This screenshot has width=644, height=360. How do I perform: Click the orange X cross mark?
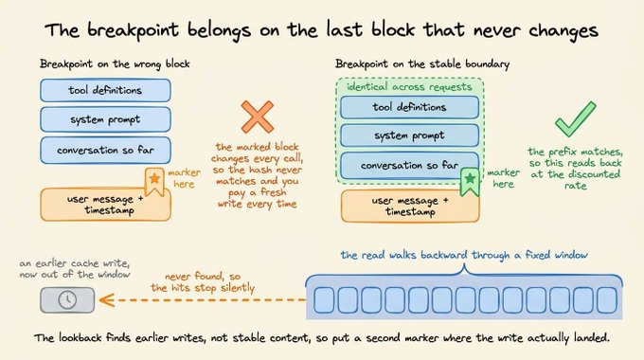tap(258, 117)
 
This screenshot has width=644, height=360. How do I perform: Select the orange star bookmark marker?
tap(154, 181)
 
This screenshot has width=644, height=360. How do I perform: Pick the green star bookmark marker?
tap(470, 181)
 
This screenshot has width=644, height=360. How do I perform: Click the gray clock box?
tap(67, 300)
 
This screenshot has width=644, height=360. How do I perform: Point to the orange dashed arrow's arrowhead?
tap(107, 300)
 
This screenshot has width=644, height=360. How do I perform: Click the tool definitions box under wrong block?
tap(105, 90)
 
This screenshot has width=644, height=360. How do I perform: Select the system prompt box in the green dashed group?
tap(409, 135)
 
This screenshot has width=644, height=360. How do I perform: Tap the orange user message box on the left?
tap(105, 205)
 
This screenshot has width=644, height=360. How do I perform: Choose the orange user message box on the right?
tap(410, 207)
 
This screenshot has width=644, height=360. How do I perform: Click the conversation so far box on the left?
tap(105, 151)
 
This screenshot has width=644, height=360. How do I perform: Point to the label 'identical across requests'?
tap(409, 87)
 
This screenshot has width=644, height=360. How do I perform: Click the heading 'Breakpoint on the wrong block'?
tap(115, 64)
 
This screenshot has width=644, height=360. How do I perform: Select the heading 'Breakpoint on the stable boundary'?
tap(422, 64)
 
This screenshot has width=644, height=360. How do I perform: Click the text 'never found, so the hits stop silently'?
tap(203, 282)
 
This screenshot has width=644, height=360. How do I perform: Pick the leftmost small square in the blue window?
tap(324, 300)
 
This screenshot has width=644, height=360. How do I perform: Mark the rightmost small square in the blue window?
tap(607, 300)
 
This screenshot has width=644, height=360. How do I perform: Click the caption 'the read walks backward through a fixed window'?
tap(464, 255)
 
